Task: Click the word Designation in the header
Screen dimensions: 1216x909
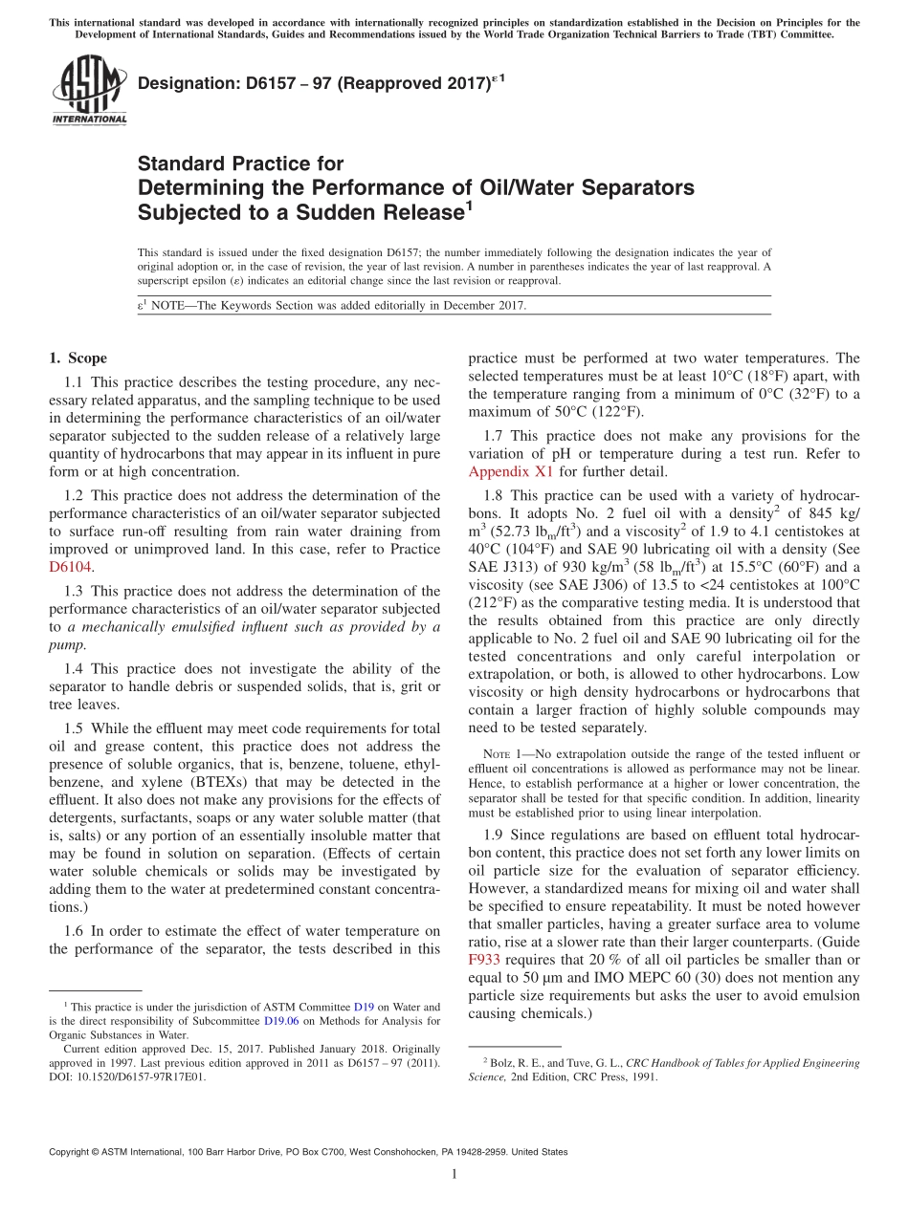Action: [x=184, y=84]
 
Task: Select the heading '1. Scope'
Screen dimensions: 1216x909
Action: [x=78, y=358]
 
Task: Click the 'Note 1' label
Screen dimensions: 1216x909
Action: [x=501, y=754]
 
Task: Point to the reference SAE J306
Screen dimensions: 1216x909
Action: [x=554, y=584]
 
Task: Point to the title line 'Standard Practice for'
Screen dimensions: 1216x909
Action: [x=240, y=164]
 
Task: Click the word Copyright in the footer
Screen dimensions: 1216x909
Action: [x=73, y=1152]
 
